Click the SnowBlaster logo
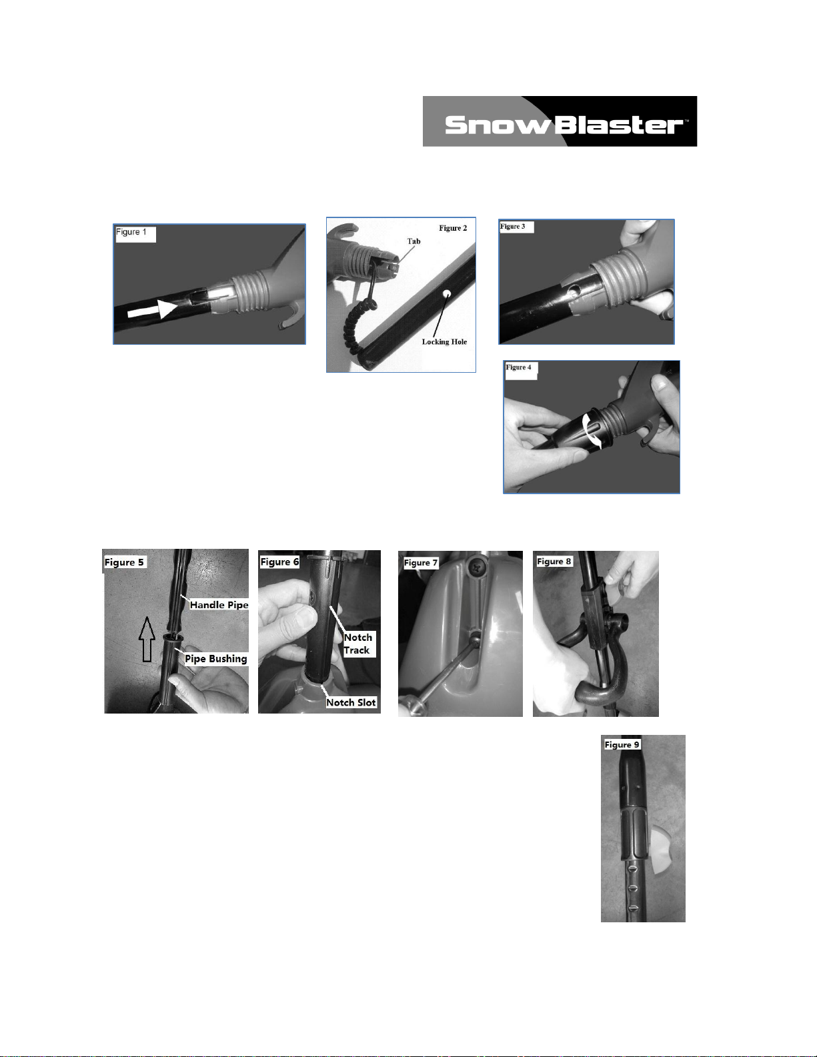(x=560, y=121)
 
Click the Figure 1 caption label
(x=131, y=232)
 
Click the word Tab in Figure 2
(x=414, y=241)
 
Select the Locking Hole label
(x=444, y=341)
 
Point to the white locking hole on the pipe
(x=446, y=294)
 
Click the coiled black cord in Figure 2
(x=359, y=319)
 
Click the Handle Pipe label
(x=219, y=605)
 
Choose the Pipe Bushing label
(x=216, y=659)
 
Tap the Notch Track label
(x=357, y=644)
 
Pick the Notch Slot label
(x=351, y=702)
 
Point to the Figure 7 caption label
(x=421, y=563)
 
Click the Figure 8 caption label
(x=554, y=562)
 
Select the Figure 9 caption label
(x=622, y=745)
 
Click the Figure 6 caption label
(x=279, y=562)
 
